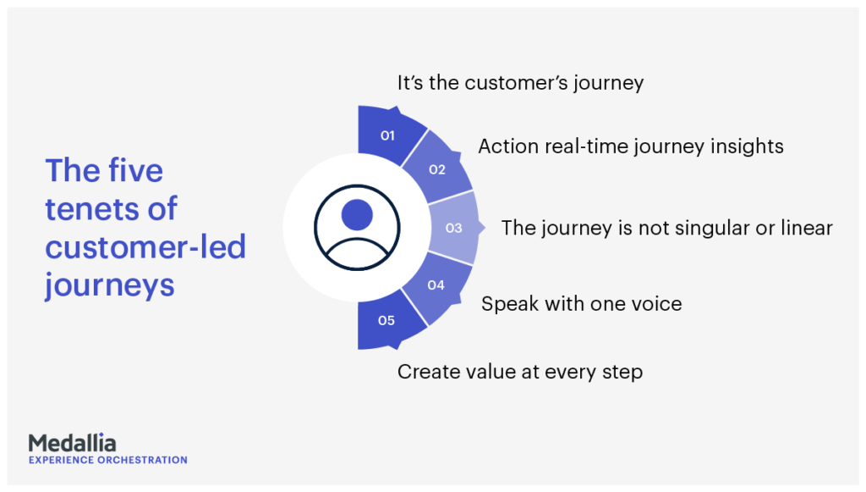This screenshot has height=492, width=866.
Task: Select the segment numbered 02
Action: click(x=437, y=169)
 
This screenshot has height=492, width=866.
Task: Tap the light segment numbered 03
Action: click(x=454, y=228)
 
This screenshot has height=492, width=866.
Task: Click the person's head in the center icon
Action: click(x=357, y=214)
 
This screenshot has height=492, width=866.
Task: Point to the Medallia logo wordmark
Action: click(x=73, y=443)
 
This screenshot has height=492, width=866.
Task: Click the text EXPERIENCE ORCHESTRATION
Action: click(x=108, y=460)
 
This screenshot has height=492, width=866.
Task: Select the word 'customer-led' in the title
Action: click(x=145, y=246)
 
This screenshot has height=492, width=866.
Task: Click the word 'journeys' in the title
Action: click(x=110, y=286)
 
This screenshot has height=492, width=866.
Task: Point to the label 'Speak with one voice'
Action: click(x=582, y=304)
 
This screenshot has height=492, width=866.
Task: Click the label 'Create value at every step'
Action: click(x=520, y=372)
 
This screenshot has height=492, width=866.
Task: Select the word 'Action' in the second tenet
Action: click(x=508, y=146)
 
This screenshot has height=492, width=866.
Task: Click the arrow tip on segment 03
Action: click(x=485, y=227)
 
